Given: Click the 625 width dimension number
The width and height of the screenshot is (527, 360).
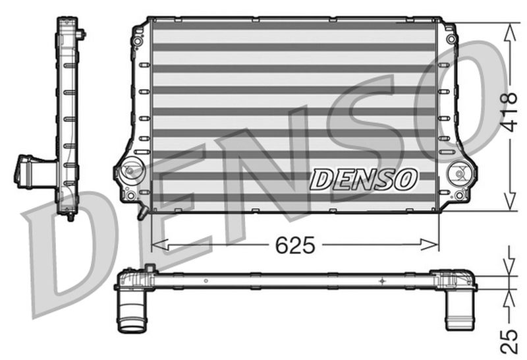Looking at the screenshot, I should pyautogui.click(x=294, y=245).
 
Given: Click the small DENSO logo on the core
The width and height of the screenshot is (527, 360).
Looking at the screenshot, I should pyautogui.click(x=364, y=178).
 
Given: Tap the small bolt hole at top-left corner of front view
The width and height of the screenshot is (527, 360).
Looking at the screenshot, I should pyautogui.click(x=137, y=41).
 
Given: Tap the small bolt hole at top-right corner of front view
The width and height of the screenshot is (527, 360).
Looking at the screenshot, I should pyautogui.click(x=451, y=40).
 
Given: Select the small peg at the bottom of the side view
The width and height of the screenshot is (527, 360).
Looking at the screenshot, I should pyautogui.click(x=70, y=216).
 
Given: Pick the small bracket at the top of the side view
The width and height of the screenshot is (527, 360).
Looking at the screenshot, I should pyautogui.click(x=80, y=32).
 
